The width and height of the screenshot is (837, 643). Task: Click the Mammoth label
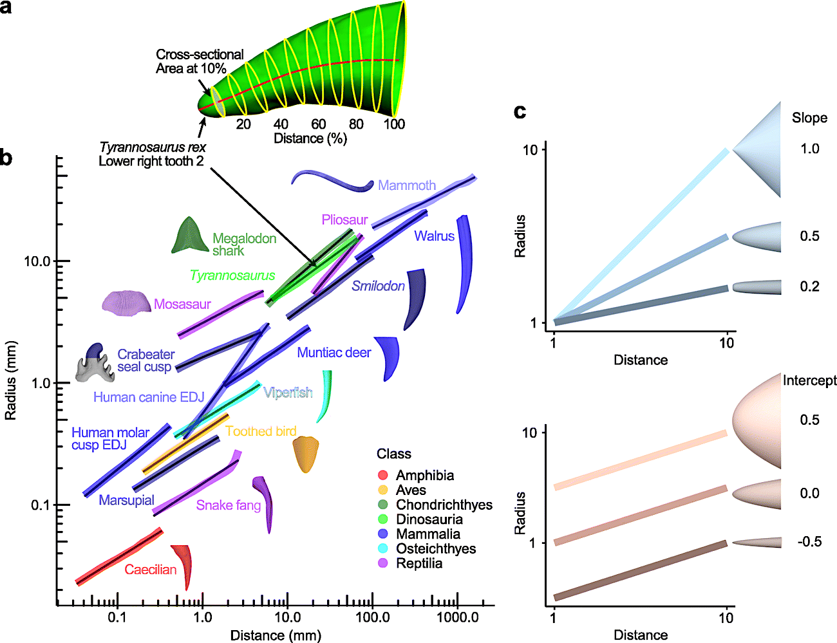(x=406, y=185)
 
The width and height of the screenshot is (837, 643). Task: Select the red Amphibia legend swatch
(x=383, y=476)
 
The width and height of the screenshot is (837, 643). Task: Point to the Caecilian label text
(x=150, y=570)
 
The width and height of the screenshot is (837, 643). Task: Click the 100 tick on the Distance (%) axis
(x=394, y=124)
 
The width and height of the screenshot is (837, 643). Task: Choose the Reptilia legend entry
(x=419, y=563)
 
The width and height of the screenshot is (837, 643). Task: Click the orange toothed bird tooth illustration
(x=305, y=454)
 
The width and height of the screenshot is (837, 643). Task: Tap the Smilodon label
(x=378, y=286)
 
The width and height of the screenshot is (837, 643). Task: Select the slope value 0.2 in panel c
(x=809, y=286)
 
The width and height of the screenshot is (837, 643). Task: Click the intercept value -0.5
(x=809, y=541)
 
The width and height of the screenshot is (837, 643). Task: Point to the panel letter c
(x=520, y=111)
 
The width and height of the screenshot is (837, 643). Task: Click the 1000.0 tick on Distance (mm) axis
(x=457, y=617)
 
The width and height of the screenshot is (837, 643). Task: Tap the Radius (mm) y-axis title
(x=10, y=380)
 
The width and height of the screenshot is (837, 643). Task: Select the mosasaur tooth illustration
(x=126, y=303)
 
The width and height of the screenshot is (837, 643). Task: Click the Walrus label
(x=434, y=236)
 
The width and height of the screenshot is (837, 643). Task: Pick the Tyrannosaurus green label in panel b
(x=232, y=275)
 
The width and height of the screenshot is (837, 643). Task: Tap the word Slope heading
(x=809, y=118)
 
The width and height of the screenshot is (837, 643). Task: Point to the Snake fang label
(x=228, y=505)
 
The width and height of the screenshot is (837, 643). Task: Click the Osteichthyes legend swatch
(x=383, y=549)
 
